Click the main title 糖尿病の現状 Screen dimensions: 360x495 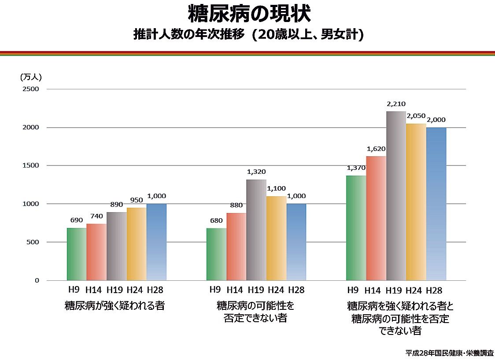click(249, 14)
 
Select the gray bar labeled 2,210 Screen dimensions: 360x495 click(396, 196)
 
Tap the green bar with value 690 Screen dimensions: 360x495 click(77, 254)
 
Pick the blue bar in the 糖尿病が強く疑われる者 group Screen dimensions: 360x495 click(156, 242)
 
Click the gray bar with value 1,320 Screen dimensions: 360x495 click(256, 230)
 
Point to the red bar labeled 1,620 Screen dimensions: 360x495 click(376, 218)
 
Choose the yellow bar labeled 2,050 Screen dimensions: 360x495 click(416, 202)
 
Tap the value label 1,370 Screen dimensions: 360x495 click(357, 168)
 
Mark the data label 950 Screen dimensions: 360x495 click(137, 200)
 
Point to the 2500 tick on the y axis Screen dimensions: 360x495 click(31, 89)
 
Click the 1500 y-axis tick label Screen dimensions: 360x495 click(31, 165)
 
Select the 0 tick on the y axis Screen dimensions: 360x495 click(37, 280)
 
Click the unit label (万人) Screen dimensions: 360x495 click(31, 77)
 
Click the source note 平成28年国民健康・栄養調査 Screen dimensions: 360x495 click(449, 353)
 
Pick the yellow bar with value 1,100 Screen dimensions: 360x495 click(276, 238)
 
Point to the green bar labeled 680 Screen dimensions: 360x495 click(216, 254)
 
